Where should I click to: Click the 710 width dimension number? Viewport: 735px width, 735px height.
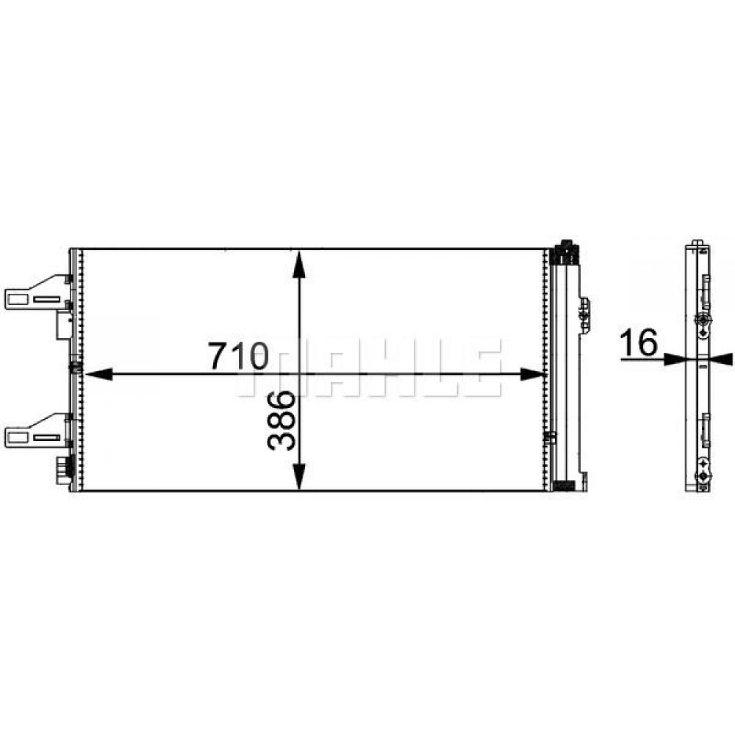(237, 355)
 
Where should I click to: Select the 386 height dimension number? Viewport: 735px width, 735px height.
(282, 420)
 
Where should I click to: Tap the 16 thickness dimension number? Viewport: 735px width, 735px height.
(638, 343)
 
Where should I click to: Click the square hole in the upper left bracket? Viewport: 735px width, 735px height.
(15, 298)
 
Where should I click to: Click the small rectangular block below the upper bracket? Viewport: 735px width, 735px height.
(62, 324)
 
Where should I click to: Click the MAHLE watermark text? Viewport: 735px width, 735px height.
(367, 371)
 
